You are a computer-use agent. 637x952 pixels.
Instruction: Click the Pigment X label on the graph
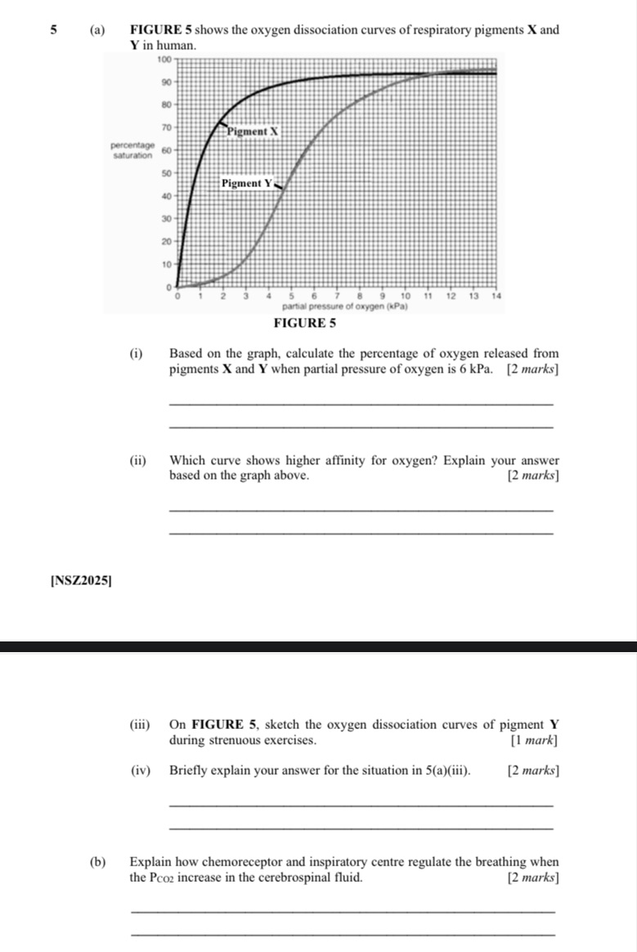coord(253,131)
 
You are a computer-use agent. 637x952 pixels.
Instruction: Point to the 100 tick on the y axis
coord(164,60)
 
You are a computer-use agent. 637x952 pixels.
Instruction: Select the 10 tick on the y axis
coord(166,265)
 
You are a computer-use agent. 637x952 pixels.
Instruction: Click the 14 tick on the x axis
coord(496,295)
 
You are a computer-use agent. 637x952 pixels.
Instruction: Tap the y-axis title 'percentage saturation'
coord(132,150)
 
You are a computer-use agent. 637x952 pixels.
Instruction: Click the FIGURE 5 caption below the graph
coord(305,323)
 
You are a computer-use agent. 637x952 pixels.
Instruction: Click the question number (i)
coord(135,354)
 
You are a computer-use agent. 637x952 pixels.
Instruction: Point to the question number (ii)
coord(137,460)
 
